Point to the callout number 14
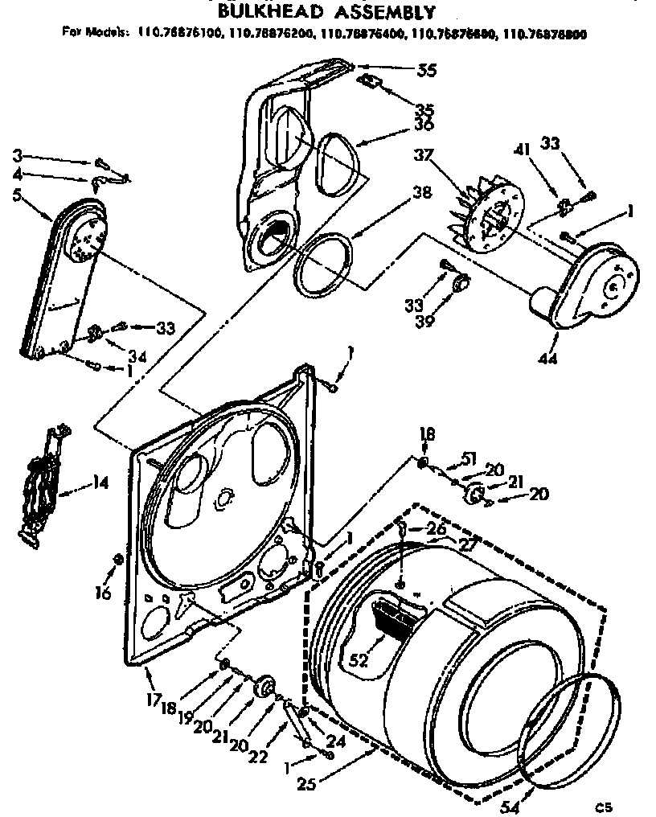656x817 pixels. pos(100,485)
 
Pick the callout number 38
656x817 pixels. pos(420,193)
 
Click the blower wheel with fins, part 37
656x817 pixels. pos(488,211)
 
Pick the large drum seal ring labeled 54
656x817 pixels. pos(568,728)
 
